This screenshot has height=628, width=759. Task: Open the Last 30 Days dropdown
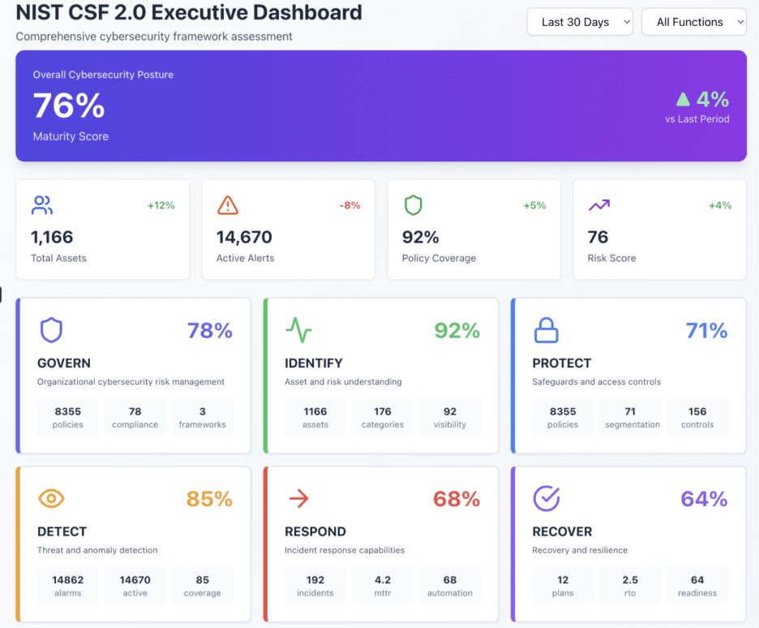(x=580, y=22)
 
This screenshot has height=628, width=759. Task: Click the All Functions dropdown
(x=694, y=22)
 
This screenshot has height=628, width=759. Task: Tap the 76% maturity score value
(x=69, y=106)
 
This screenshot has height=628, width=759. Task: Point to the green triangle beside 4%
(x=683, y=99)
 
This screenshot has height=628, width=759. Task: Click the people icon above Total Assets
(x=41, y=205)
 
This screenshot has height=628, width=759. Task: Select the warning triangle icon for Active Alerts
(x=228, y=205)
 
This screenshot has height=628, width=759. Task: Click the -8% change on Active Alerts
(x=349, y=205)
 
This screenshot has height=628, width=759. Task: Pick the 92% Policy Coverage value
(x=421, y=237)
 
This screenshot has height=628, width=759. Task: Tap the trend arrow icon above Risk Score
(x=599, y=205)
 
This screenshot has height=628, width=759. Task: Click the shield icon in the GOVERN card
(x=51, y=330)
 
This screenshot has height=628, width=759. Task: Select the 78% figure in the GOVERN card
(x=209, y=330)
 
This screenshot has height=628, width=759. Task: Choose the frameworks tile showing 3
(x=202, y=417)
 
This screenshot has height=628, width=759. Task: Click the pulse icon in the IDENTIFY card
(x=298, y=330)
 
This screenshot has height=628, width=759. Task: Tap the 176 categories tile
(x=383, y=417)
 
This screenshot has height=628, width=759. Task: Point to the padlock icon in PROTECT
(x=546, y=330)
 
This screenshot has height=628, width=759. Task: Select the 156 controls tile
(x=697, y=417)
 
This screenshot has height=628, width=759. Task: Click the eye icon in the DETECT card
(x=51, y=499)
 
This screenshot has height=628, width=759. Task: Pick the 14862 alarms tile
(x=68, y=586)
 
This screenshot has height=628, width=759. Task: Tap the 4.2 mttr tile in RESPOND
(x=383, y=586)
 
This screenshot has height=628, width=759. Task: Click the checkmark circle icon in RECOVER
(x=546, y=499)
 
